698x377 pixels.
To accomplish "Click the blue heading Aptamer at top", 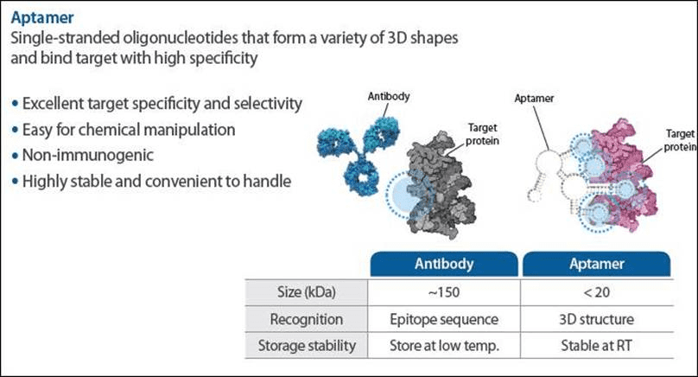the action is click(42, 18).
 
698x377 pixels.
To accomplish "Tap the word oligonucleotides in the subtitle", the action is click(181, 38).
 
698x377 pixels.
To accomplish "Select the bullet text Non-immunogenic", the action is click(88, 155).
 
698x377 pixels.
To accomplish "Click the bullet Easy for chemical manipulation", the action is click(129, 130).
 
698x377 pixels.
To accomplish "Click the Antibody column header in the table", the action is click(444, 264).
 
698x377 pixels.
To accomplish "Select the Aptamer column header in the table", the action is click(597, 264).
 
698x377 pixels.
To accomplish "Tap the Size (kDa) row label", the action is click(307, 292).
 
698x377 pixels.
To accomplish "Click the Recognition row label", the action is click(307, 319).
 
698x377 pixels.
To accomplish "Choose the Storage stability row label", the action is click(307, 345).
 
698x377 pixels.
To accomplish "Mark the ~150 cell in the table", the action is click(444, 292).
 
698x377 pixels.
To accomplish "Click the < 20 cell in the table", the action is click(597, 292).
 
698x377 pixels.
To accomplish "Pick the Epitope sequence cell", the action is click(444, 319).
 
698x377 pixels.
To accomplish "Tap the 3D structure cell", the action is click(597, 319).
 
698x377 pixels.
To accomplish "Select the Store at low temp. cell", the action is click(444, 345).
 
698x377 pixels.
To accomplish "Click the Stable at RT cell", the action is click(597, 345).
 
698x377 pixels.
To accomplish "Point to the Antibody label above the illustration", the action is click(389, 96).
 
